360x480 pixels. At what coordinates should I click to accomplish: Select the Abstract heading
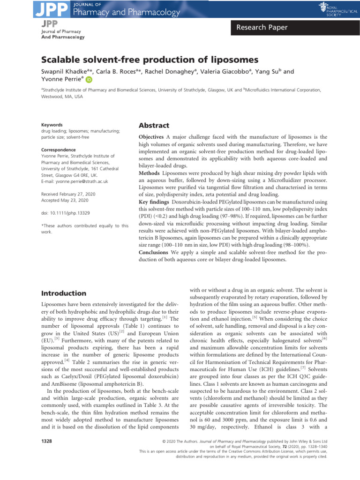pos(153,126)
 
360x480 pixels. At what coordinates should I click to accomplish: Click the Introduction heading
pos(64,293)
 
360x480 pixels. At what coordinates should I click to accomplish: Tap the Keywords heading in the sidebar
pos(52,125)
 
